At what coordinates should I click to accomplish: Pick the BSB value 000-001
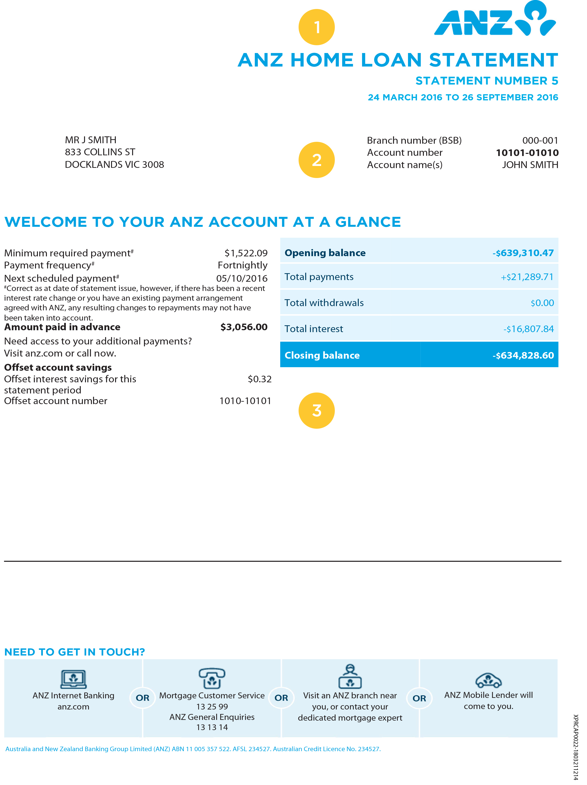click(540, 141)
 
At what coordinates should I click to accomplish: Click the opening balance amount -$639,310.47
click(523, 253)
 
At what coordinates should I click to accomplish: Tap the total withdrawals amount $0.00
click(542, 303)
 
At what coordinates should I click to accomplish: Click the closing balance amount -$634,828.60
click(523, 355)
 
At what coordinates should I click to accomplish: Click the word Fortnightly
click(242, 265)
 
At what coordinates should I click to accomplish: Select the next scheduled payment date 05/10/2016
click(242, 278)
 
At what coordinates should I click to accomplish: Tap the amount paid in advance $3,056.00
click(244, 327)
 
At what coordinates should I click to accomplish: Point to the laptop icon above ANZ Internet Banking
click(73, 679)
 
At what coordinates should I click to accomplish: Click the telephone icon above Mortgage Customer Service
click(212, 678)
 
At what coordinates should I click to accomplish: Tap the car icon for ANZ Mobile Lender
click(488, 680)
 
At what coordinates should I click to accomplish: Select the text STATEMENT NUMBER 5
click(487, 81)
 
